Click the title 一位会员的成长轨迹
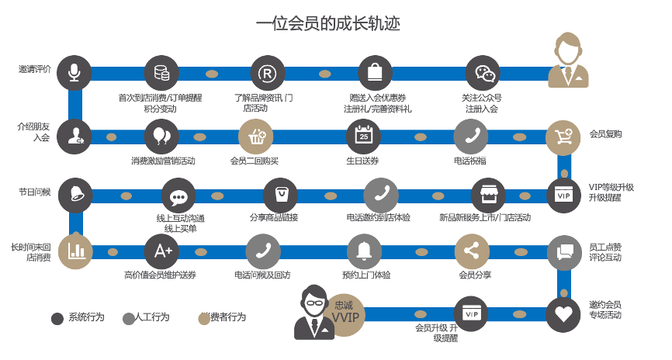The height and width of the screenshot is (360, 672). pyautogui.click(x=328, y=23)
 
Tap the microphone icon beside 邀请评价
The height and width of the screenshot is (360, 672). pyautogui.click(x=74, y=73)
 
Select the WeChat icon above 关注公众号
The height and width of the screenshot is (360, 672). pyautogui.click(x=483, y=73)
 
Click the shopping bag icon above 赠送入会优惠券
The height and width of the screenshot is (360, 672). pyautogui.click(x=374, y=73)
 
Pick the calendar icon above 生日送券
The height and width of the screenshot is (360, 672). pyautogui.click(x=363, y=137)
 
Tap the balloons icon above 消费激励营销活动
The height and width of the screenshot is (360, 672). pyautogui.click(x=161, y=137)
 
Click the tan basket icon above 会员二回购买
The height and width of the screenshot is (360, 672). pyautogui.click(x=255, y=137)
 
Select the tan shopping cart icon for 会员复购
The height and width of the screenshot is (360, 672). pyautogui.click(x=563, y=137)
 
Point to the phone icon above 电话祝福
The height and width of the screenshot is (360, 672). pyautogui.click(x=471, y=137)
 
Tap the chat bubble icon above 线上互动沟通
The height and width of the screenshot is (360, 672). pyautogui.click(x=178, y=196)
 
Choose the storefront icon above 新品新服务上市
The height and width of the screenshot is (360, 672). pyautogui.click(x=488, y=196)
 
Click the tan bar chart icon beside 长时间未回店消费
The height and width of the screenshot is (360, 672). pyautogui.click(x=75, y=250)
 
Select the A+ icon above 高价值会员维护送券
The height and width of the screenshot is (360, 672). pyautogui.click(x=162, y=251)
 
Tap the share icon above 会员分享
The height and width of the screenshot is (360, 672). pyautogui.click(x=471, y=251)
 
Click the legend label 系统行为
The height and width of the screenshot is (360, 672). pyautogui.click(x=86, y=317)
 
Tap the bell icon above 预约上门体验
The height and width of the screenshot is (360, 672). pyautogui.click(x=363, y=251)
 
